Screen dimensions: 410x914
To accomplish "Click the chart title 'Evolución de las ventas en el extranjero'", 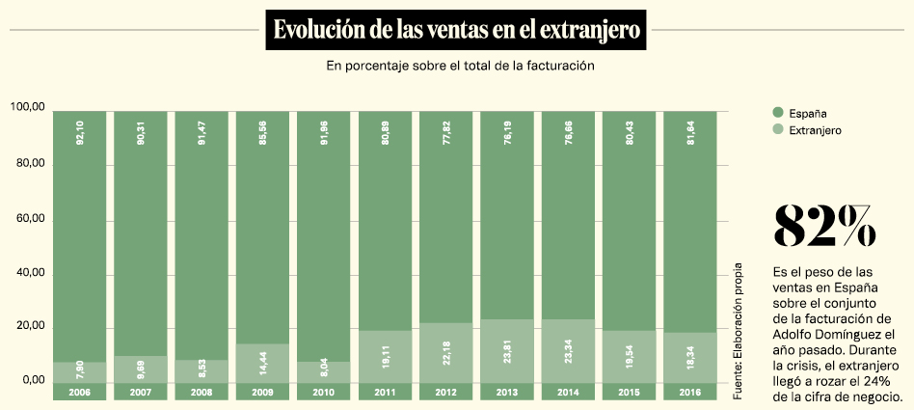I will pos(457,29).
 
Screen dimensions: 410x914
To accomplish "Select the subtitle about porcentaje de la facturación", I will pos(458,67).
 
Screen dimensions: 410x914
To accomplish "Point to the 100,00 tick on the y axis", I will pos(28,109).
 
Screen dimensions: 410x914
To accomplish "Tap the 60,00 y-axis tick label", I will pos(28,219).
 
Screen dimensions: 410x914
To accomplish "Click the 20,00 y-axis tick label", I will pos(28,326).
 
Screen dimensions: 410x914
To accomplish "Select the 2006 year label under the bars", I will pos(80,392).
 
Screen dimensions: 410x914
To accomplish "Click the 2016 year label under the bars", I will pos(690,392).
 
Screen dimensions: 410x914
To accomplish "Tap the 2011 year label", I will pos(386,392).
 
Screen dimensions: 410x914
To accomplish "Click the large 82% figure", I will pos(825,227).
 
